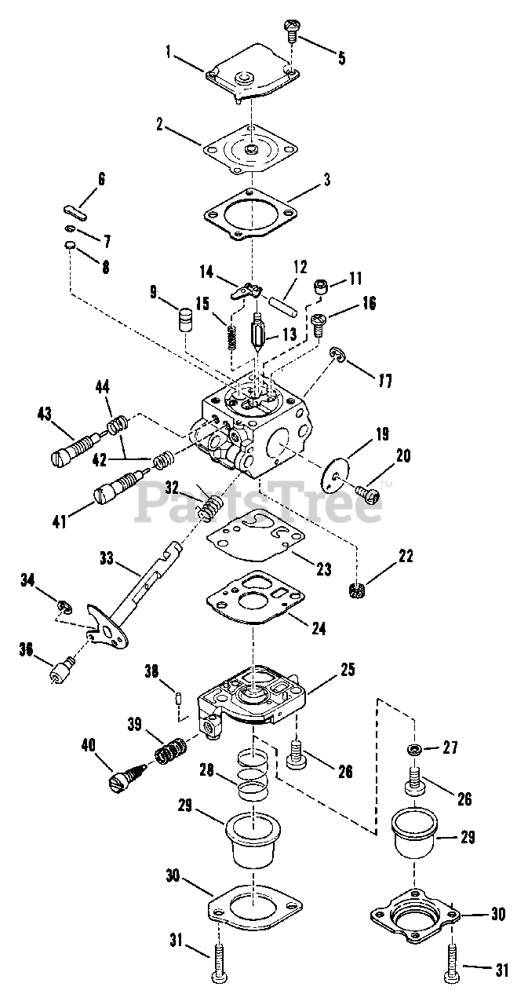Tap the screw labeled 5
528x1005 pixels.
289,30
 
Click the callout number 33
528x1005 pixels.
106,558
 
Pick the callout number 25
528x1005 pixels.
347,670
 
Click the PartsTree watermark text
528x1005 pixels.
259,503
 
